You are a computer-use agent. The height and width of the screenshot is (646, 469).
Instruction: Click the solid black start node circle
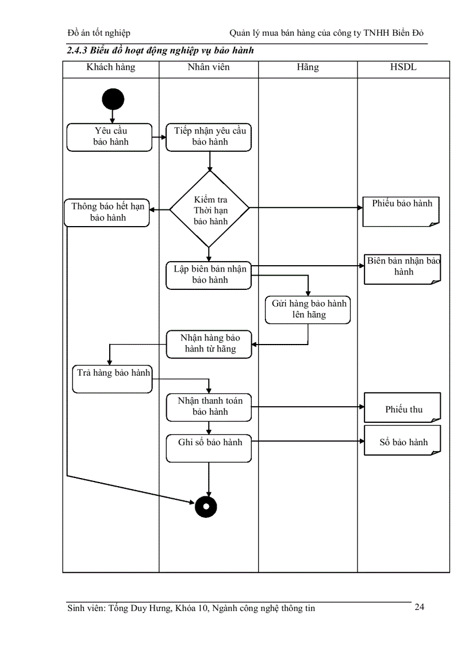pos(113,99)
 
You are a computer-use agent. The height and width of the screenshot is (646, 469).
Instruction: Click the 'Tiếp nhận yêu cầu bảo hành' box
pos(209,137)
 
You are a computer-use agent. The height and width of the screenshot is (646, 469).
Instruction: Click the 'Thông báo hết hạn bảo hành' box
pos(107,212)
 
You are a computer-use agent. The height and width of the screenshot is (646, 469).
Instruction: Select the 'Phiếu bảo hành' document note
pos(402,211)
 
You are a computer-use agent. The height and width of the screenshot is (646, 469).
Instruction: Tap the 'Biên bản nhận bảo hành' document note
pos(402,269)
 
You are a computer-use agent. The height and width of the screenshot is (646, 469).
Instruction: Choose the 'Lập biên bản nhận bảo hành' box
pos(209,275)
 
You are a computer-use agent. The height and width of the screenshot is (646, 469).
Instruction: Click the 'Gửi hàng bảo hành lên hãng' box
pos(308,309)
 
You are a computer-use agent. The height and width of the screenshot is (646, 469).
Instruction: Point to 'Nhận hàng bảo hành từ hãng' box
pos(209,344)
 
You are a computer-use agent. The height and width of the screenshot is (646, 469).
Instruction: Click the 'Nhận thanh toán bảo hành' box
pos(209,407)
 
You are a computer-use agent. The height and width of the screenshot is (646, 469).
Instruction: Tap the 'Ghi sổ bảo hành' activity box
pos(209,448)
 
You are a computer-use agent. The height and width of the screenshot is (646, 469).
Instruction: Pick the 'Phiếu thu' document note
pos(402,408)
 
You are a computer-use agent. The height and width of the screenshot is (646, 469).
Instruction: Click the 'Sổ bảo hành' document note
pos(402,441)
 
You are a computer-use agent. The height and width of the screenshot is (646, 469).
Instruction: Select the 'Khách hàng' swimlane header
pos(111,67)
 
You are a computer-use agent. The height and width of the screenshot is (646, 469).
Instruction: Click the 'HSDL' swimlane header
pos(403,67)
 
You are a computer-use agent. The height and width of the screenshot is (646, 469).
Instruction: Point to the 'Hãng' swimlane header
pos(308,67)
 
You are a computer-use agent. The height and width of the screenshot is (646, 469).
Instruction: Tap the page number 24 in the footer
pos(420,607)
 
